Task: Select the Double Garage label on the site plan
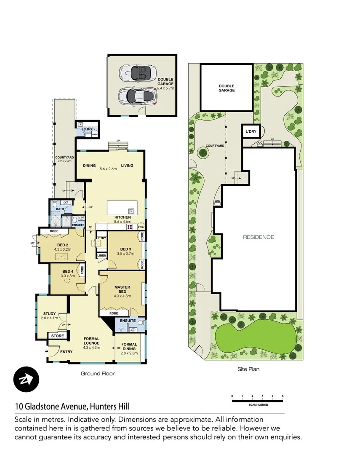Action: (x=227, y=88)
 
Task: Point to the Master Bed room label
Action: (x=123, y=289)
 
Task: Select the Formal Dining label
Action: (x=129, y=347)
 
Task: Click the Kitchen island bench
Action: (x=123, y=209)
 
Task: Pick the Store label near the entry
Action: (x=58, y=336)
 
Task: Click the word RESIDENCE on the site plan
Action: (x=259, y=237)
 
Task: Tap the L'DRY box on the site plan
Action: (x=251, y=132)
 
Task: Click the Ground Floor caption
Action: (x=97, y=373)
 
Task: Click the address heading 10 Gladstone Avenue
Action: (x=72, y=407)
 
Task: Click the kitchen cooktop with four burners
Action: (x=130, y=226)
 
